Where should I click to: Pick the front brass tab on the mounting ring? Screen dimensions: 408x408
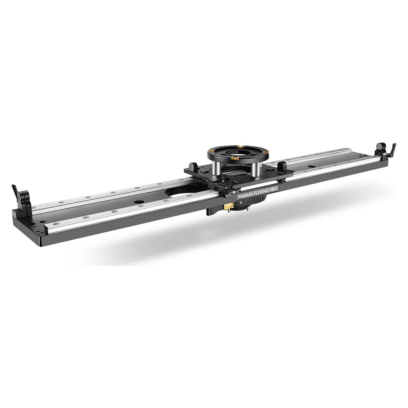pyautogui.click(x=235, y=157)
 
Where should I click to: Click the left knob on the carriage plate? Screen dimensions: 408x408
pyautogui.click(x=192, y=166)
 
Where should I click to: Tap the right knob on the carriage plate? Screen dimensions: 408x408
pyautogui.click(x=282, y=165)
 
